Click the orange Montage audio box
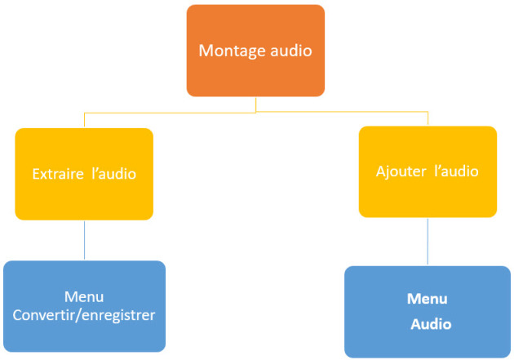pos(255,51)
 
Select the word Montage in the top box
pos(232,51)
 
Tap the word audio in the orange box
pos(291,51)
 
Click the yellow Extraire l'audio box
pos(84,174)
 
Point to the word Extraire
pos(58,174)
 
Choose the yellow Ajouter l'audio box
pos(428,171)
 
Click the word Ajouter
pos(401,171)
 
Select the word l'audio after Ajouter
pos(456,171)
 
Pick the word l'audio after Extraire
pos(113,174)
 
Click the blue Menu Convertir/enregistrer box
pos(85,306)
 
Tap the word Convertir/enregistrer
pos(84,315)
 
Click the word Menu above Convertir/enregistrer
pos(84,297)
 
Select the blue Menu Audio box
pos(428,312)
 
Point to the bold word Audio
pos(431,324)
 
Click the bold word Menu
pos(428,299)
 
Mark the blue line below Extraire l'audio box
pos(85,240)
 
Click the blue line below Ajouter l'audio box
pos(428,242)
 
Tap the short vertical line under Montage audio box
pos(255,104)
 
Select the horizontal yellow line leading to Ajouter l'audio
pos(342,112)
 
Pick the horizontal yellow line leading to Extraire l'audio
pos(171,113)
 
